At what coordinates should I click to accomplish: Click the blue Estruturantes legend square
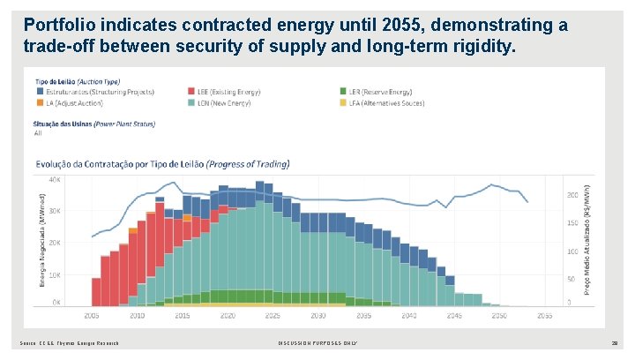[41, 91]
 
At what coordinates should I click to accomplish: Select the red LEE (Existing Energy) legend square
[191, 91]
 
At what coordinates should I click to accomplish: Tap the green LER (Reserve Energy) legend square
[342, 91]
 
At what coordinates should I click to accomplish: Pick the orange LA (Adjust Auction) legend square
[41, 103]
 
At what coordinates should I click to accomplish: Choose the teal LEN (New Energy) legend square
[191, 103]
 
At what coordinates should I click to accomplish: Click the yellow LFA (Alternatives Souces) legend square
[342, 103]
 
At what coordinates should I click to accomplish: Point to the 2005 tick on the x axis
[93, 315]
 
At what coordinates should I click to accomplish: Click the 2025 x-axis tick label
[273, 315]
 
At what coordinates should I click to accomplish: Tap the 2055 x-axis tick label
[544, 315]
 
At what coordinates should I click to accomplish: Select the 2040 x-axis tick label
[408, 315]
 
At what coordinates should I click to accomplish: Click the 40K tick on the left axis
[55, 179]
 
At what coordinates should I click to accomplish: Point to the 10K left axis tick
[55, 274]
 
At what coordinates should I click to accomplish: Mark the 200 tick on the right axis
[572, 194]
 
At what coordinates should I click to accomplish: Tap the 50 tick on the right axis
[571, 279]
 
